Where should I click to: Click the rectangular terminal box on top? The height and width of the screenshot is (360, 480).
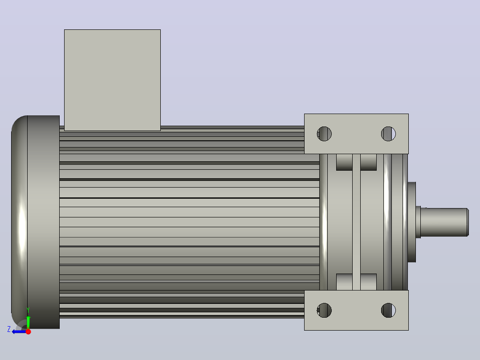(x=112, y=80)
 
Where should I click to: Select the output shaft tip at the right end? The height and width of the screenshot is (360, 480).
(x=468, y=222)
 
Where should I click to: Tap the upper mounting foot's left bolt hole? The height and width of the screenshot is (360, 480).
(x=324, y=134)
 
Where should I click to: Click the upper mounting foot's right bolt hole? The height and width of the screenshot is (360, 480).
(x=388, y=134)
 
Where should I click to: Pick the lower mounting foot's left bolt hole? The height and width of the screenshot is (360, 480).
(x=324, y=311)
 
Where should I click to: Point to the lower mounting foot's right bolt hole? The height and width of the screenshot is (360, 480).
(x=388, y=311)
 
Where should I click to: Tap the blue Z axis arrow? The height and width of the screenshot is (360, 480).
(x=19, y=331)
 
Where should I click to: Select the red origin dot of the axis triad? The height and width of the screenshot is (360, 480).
(x=28, y=331)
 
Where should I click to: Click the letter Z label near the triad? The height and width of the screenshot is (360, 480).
(x=9, y=329)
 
